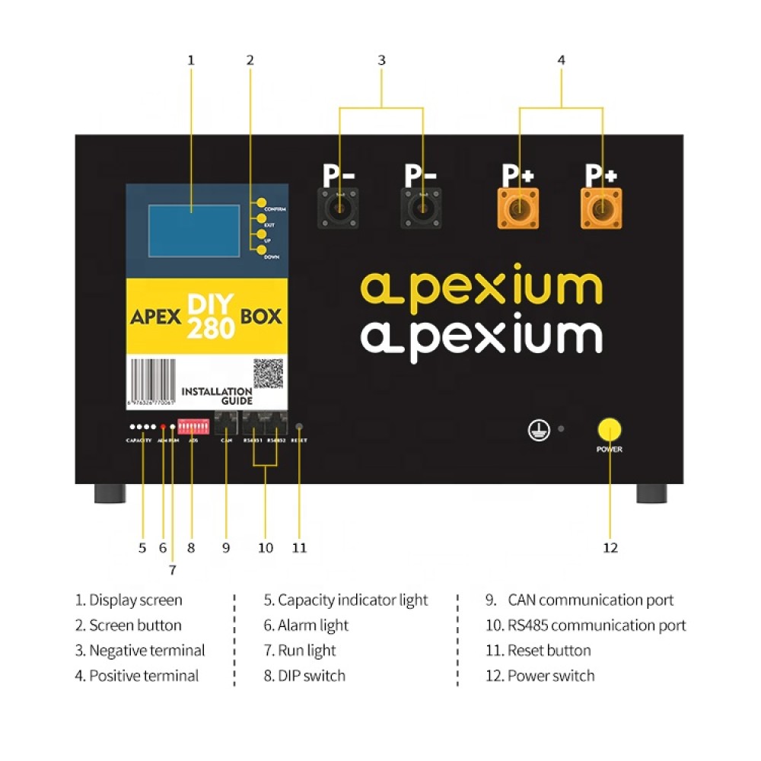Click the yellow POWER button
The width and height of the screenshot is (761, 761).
coord(609,429)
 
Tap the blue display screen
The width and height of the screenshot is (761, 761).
coord(193,227)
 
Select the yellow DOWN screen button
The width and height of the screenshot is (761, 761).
coord(261,250)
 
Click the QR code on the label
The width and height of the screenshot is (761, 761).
coord(268,373)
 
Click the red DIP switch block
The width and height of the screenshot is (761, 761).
coord(193,426)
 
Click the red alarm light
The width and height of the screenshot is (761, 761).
coord(163,428)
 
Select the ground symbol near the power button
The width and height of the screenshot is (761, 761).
coord(537,429)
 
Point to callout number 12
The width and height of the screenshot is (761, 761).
coord(610,547)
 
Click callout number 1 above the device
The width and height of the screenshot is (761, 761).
coord(191,59)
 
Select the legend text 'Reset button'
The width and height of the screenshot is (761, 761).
coord(549,651)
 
